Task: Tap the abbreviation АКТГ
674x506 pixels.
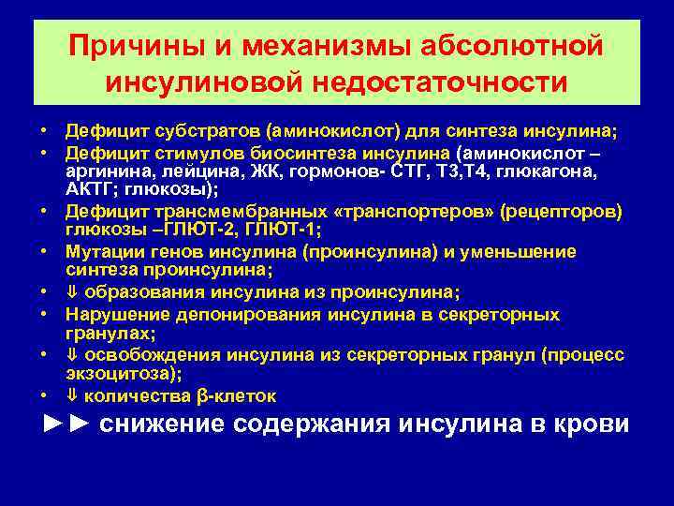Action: (88, 189)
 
